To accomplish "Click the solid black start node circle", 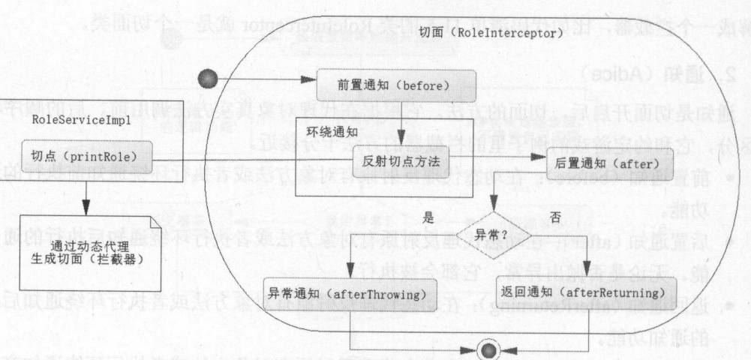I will coord(207,79).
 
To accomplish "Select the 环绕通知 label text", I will coord(331,130).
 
